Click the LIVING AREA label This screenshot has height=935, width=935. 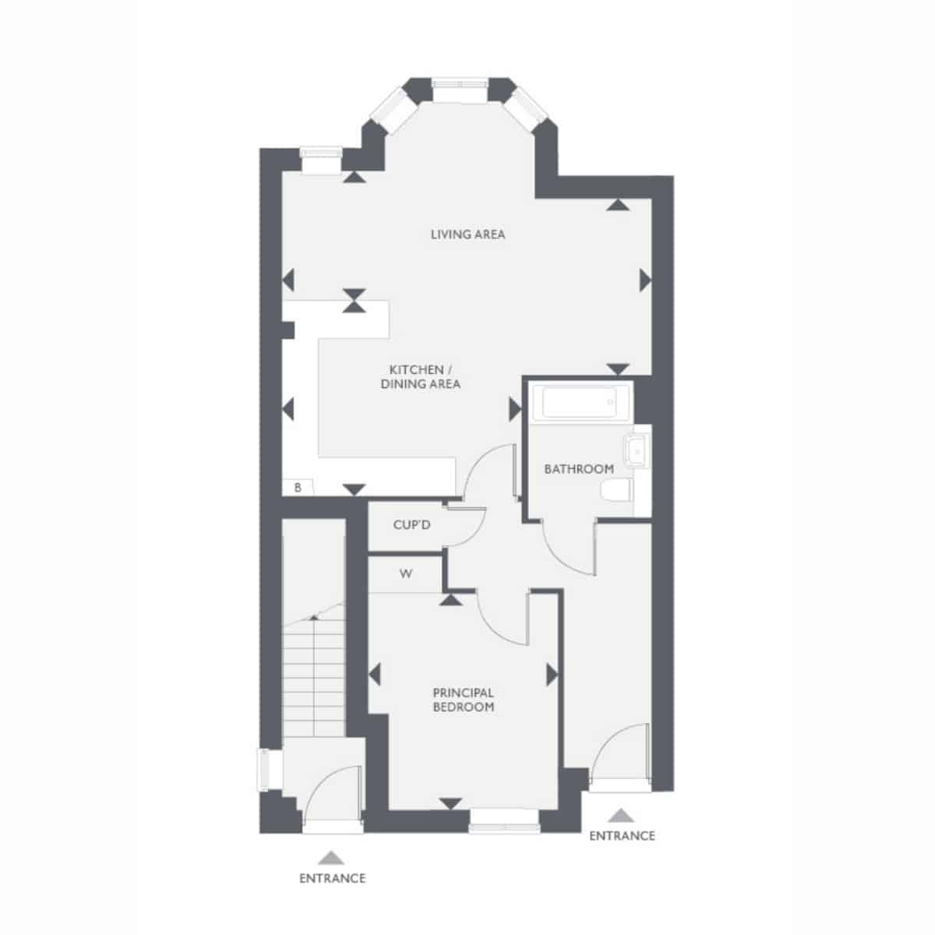coord(467,235)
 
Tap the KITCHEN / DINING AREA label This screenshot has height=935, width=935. coord(420,376)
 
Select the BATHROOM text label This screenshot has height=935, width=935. coord(579,469)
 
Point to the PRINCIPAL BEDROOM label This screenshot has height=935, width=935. coord(464,700)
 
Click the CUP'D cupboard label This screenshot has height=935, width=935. coord(411,525)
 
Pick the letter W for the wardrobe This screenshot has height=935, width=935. coord(406,574)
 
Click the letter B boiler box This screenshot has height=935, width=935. coord(298,488)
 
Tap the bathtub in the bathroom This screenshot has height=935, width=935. coord(582,403)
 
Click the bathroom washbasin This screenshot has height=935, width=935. coord(637,450)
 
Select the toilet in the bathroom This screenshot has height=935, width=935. coord(616,490)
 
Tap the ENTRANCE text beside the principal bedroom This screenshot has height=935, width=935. coord(622,835)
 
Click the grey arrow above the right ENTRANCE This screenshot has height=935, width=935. coord(621,815)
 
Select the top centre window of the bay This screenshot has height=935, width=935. coord(460,90)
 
